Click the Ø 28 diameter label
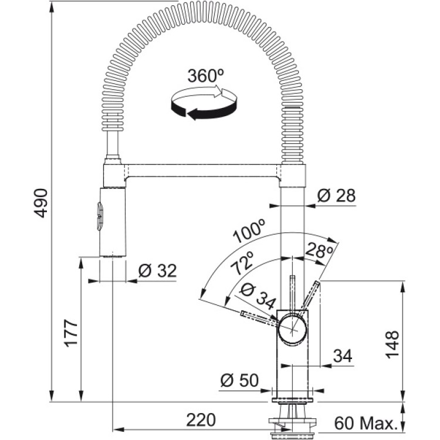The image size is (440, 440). point(336,195)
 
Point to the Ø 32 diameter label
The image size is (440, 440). point(157,270)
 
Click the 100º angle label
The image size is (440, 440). point(248,231)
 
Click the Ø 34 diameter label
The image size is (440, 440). point(258,297)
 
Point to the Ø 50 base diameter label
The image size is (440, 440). point(239,381)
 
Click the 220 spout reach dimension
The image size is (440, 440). point(201,419)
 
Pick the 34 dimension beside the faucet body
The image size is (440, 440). point(342,356)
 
